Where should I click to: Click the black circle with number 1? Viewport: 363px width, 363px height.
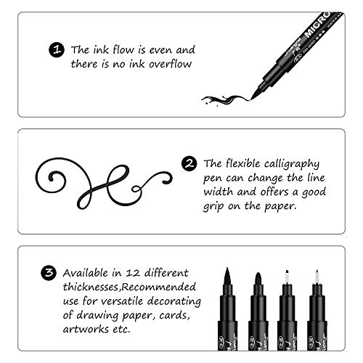point(57,51)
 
